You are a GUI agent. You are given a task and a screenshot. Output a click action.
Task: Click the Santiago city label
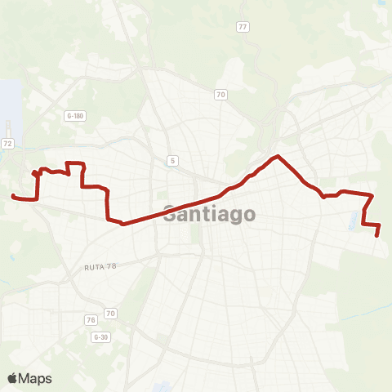pos(209,215)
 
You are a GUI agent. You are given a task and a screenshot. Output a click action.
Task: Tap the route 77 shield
pos(243,27)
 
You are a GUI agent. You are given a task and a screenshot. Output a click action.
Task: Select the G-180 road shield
pos(74,116)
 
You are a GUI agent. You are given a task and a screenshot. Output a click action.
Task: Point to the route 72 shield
pos(7,143)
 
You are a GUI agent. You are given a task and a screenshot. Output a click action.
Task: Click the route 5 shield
pos(173,160)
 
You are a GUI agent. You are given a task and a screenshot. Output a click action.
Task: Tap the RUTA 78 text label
pos(102,267)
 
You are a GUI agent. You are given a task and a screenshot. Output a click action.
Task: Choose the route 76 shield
pos(91,318)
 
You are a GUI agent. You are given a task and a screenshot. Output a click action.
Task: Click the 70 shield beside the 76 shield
pos(110,313)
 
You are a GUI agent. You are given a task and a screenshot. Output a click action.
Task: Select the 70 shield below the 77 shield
pos(220,95)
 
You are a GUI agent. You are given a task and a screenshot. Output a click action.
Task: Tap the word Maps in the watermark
pos(36,378)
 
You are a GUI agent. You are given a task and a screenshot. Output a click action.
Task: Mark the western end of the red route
pos(12,196)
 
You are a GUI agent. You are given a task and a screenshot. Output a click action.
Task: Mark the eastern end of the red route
pos(377,235)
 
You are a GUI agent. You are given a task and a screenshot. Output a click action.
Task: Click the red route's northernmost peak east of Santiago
pos(278,156)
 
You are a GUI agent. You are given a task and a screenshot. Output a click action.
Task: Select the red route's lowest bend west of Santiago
pos(122,223)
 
